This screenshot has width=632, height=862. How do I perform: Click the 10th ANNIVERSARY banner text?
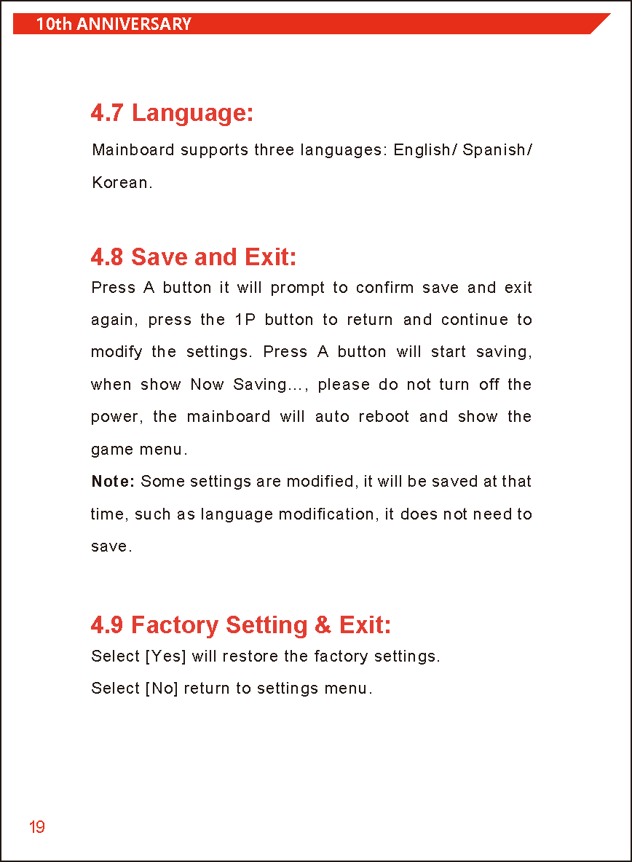pos(114,24)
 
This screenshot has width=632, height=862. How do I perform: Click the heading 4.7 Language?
pos(172,113)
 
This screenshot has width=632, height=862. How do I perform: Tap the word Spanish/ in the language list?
pos(497,150)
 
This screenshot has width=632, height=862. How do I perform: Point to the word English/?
pos(425,150)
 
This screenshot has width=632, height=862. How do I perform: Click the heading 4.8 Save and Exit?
pos(194,256)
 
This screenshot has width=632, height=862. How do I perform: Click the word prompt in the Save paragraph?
pos(297,288)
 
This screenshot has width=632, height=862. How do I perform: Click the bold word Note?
pos(113,482)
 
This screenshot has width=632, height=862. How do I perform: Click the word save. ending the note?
pos(111,546)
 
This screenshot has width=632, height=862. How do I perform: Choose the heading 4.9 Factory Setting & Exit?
pos(241,625)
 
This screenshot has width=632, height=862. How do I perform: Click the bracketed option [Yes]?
pos(166,657)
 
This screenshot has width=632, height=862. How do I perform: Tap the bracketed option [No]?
pos(162,689)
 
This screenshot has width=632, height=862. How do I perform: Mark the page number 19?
pos(37,827)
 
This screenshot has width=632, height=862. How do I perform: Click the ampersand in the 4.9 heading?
pos(323,625)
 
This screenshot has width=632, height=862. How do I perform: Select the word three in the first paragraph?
pos(274,150)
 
